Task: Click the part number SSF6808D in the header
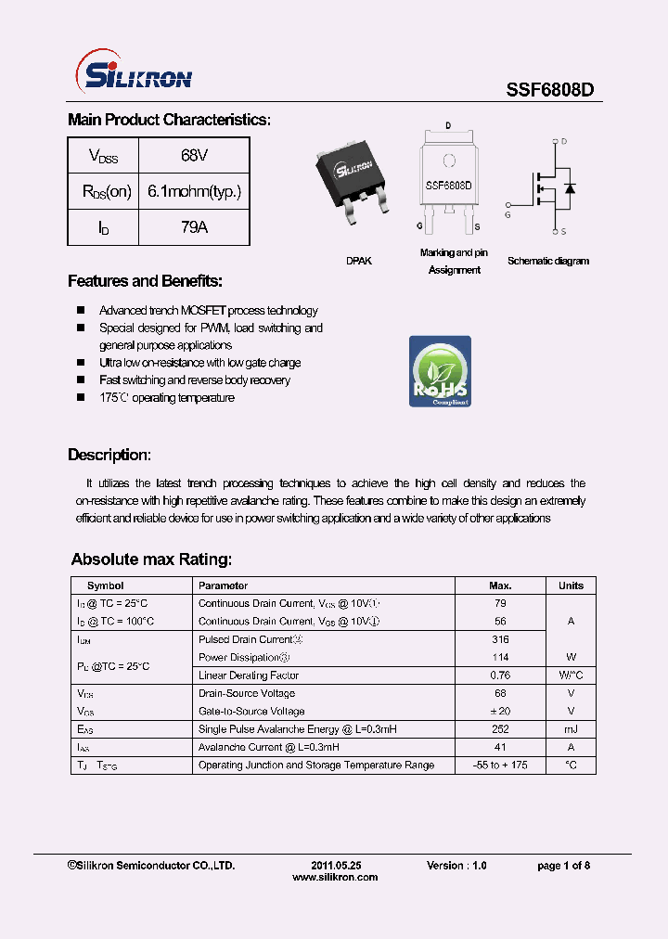(x=549, y=89)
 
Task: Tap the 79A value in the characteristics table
(x=194, y=227)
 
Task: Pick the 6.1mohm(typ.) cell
(x=194, y=192)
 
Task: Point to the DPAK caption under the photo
(x=359, y=262)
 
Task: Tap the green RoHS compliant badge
(x=440, y=371)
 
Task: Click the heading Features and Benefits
(x=145, y=281)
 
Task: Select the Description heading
(x=109, y=455)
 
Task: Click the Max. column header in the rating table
(x=500, y=585)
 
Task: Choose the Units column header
(x=571, y=585)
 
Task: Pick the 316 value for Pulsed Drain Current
(x=500, y=639)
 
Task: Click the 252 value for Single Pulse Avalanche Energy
(x=500, y=729)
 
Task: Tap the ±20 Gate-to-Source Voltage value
(x=500, y=712)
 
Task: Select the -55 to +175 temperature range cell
(x=500, y=765)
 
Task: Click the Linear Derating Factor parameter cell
(x=249, y=675)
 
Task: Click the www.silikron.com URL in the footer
(x=335, y=877)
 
